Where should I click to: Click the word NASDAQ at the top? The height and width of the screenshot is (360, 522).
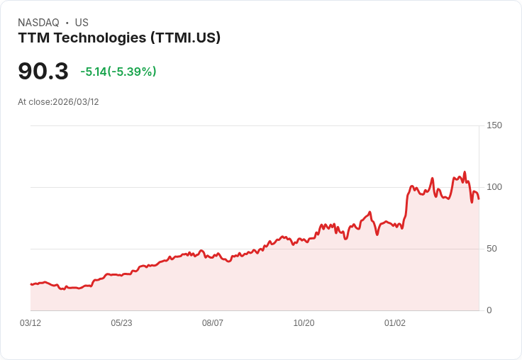[x=38, y=23]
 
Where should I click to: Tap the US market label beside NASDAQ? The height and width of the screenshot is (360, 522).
[x=82, y=23]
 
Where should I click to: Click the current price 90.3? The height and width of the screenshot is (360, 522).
[x=43, y=72]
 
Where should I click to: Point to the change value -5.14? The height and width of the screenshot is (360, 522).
[x=93, y=72]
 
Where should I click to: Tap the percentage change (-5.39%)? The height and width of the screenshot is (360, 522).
[x=132, y=72]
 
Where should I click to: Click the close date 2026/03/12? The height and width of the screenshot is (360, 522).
[x=76, y=102]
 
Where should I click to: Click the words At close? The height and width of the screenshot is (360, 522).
[x=34, y=102]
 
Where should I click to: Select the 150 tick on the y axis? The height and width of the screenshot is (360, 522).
[x=494, y=125]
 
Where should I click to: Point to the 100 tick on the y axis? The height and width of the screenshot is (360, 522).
[x=494, y=187]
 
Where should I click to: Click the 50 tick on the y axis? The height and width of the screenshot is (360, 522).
[x=492, y=249]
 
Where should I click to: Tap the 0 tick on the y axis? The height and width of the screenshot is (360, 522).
[x=489, y=310]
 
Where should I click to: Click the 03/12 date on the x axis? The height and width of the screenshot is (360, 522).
[x=30, y=323]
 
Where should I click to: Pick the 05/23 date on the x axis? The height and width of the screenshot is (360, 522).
[x=121, y=323]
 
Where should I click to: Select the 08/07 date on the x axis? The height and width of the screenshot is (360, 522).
[x=213, y=323]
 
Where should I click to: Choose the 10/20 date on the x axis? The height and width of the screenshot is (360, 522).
[x=304, y=323]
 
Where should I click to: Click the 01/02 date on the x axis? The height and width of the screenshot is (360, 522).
[x=395, y=323]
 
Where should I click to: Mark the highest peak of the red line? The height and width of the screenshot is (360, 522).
[x=465, y=172]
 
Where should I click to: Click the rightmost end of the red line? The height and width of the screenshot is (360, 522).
[x=479, y=198]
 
